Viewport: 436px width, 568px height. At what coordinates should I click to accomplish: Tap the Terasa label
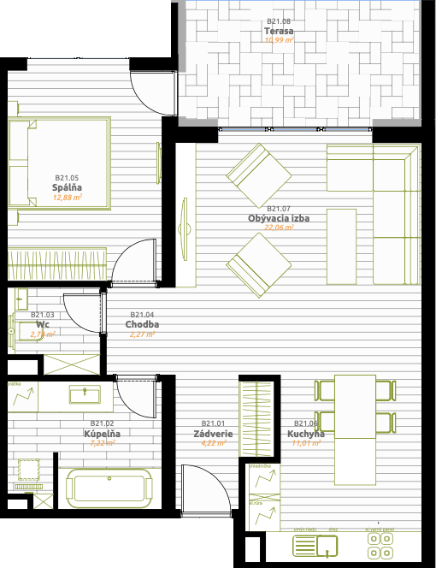(279, 30)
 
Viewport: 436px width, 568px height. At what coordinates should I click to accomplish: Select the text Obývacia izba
(279, 218)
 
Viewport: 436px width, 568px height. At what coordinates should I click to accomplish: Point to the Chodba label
(142, 325)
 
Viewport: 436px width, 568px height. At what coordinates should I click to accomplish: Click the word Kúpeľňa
(102, 434)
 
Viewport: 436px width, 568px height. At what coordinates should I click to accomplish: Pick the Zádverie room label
(213, 434)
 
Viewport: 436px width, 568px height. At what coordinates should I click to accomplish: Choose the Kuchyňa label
(308, 434)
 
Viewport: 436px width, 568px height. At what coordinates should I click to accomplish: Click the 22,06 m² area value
(279, 228)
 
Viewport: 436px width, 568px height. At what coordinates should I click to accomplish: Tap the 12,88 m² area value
(67, 197)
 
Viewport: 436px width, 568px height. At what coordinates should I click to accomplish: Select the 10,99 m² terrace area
(279, 39)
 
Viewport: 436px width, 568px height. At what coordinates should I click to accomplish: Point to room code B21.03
(43, 315)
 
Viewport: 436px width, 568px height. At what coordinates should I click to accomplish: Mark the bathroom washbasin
(85, 393)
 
